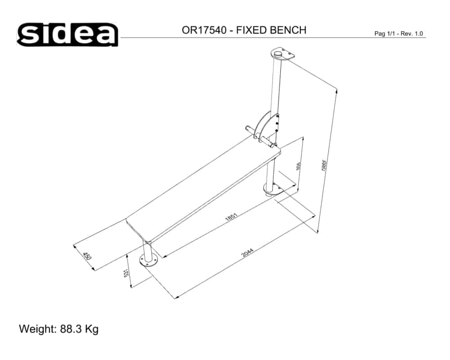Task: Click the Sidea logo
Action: pos(67,34)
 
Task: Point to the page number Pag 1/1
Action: pos(386,34)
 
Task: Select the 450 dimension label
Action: pos(87,256)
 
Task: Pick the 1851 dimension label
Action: pos(231,216)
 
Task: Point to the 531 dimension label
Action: pos(127,273)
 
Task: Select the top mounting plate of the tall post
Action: pos(282,55)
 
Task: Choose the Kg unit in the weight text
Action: pos(92,329)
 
